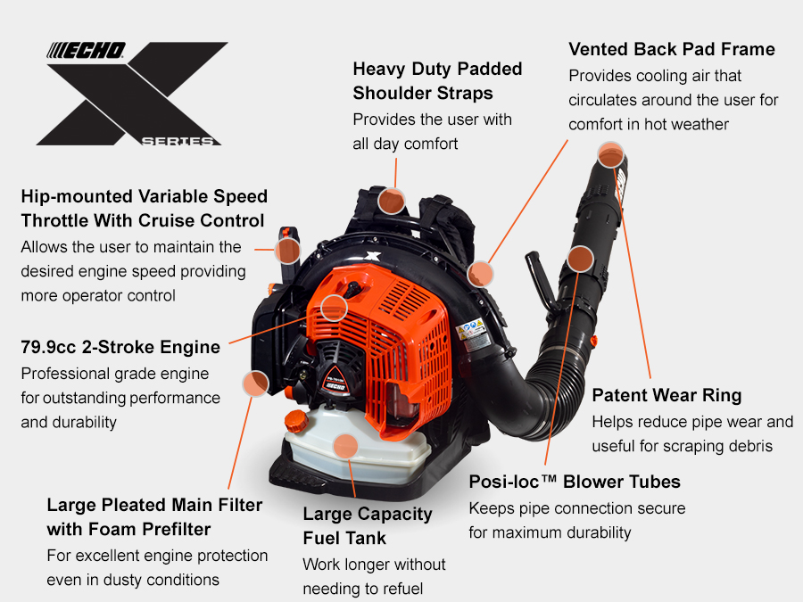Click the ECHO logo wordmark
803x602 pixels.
[86, 50]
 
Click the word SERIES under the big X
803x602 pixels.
[178, 141]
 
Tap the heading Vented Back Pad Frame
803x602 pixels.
[671, 49]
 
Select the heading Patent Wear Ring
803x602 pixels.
[666, 395]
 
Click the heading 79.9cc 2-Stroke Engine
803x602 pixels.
[120, 347]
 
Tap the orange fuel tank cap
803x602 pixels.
[296, 421]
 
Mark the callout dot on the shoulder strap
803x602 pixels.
[392, 201]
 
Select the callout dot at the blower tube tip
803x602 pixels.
[610, 154]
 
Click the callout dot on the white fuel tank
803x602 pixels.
[345, 446]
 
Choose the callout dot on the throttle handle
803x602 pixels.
[287, 251]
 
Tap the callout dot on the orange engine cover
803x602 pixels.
[334, 308]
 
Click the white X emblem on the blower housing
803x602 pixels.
[373, 256]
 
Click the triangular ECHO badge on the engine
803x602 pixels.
[335, 381]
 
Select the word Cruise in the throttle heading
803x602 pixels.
[167, 220]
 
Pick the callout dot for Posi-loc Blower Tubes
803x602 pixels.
[580, 259]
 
